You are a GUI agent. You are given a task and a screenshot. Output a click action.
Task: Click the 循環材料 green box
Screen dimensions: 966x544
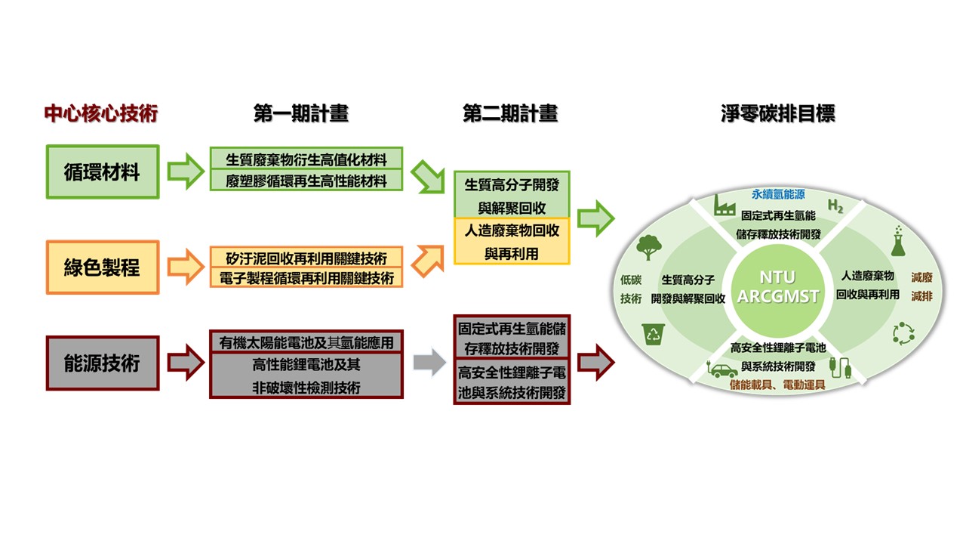pos(103,172)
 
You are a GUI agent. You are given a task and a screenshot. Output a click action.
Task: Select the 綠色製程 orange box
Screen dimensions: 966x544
pos(103,267)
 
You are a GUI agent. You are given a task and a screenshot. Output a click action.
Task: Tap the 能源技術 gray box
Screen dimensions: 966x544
pos(103,363)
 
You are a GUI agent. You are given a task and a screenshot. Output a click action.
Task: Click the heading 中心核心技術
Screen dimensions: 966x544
pos(101,113)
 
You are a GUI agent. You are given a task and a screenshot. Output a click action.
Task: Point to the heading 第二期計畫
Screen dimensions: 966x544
pos(510,113)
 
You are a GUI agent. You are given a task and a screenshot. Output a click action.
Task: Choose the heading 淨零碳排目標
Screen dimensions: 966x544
pos(778,113)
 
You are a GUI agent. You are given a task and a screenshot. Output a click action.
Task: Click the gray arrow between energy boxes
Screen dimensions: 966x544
pos(429,362)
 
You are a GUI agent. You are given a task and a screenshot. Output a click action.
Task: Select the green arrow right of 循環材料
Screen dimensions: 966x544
pos(186,171)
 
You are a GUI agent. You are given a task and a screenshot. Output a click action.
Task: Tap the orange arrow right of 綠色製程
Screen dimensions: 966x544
pos(186,267)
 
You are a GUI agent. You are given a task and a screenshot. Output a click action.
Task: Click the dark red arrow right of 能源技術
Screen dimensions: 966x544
pos(186,362)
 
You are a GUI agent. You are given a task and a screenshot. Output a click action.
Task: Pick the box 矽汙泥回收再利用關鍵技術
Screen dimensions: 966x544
pos(306,258)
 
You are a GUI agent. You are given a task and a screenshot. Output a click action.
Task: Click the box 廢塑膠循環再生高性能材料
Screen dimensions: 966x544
pos(306,181)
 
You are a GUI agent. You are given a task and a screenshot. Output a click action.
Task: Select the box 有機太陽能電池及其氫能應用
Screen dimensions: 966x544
pos(306,342)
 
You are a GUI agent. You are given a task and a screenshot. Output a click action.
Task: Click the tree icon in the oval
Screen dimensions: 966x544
pos(648,247)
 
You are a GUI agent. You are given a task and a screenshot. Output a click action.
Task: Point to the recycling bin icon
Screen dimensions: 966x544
pos(654,334)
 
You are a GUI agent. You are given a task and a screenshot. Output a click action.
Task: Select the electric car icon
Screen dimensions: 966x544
pos(723,369)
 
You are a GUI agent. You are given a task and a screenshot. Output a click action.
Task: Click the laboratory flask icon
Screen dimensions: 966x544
pos(898,241)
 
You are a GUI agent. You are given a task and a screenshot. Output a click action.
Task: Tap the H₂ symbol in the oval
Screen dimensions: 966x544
pos(835,206)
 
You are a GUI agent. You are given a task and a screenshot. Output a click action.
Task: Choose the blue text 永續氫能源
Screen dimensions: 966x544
pos(778,194)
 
